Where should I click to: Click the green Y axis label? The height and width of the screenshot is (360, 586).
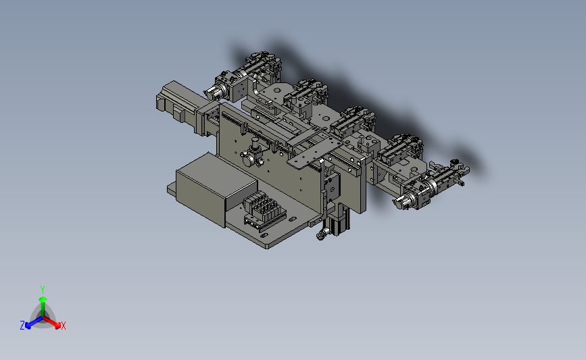(x=42, y=290)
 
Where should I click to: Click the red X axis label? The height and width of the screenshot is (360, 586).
(x=63, y=326)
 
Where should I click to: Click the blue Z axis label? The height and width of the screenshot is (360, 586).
(x=22, y=326)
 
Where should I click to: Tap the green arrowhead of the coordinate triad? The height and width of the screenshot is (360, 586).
(x=43, y=299)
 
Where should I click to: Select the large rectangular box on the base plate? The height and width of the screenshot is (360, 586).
(x=216, y=189)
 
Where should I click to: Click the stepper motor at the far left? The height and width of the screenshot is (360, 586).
(x=176, y=101)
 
